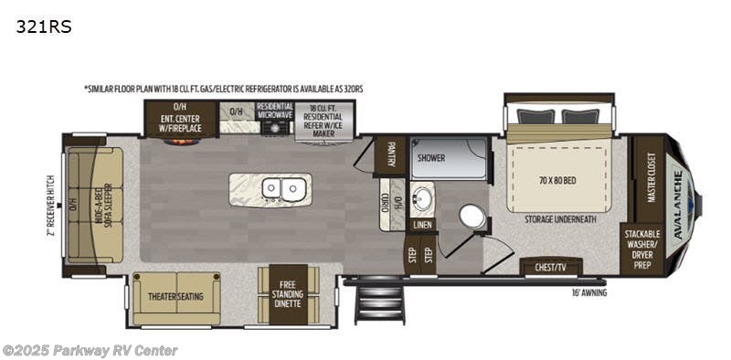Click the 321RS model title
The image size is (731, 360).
pyautogui.click(x=43, y=26)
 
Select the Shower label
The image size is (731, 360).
pyautogui.click(x=432, y=157)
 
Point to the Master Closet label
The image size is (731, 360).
pyautogui.click(x=651, y=175)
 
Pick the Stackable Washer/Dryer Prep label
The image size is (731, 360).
pyautogui.click(x=642, y=249)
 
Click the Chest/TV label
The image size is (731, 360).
pyautogui.click(x=551, y=268)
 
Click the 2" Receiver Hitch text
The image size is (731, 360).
pyautogui.click(x=52, y=206)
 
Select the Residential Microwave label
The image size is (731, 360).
pyautogui.click(x=274, y=111)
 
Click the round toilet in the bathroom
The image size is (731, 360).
pyautogui.click(x=471, y=217)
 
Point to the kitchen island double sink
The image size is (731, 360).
pyautogui.click(x=282, y=188)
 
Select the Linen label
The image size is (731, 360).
pyautogui.click(x=422, y=224)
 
